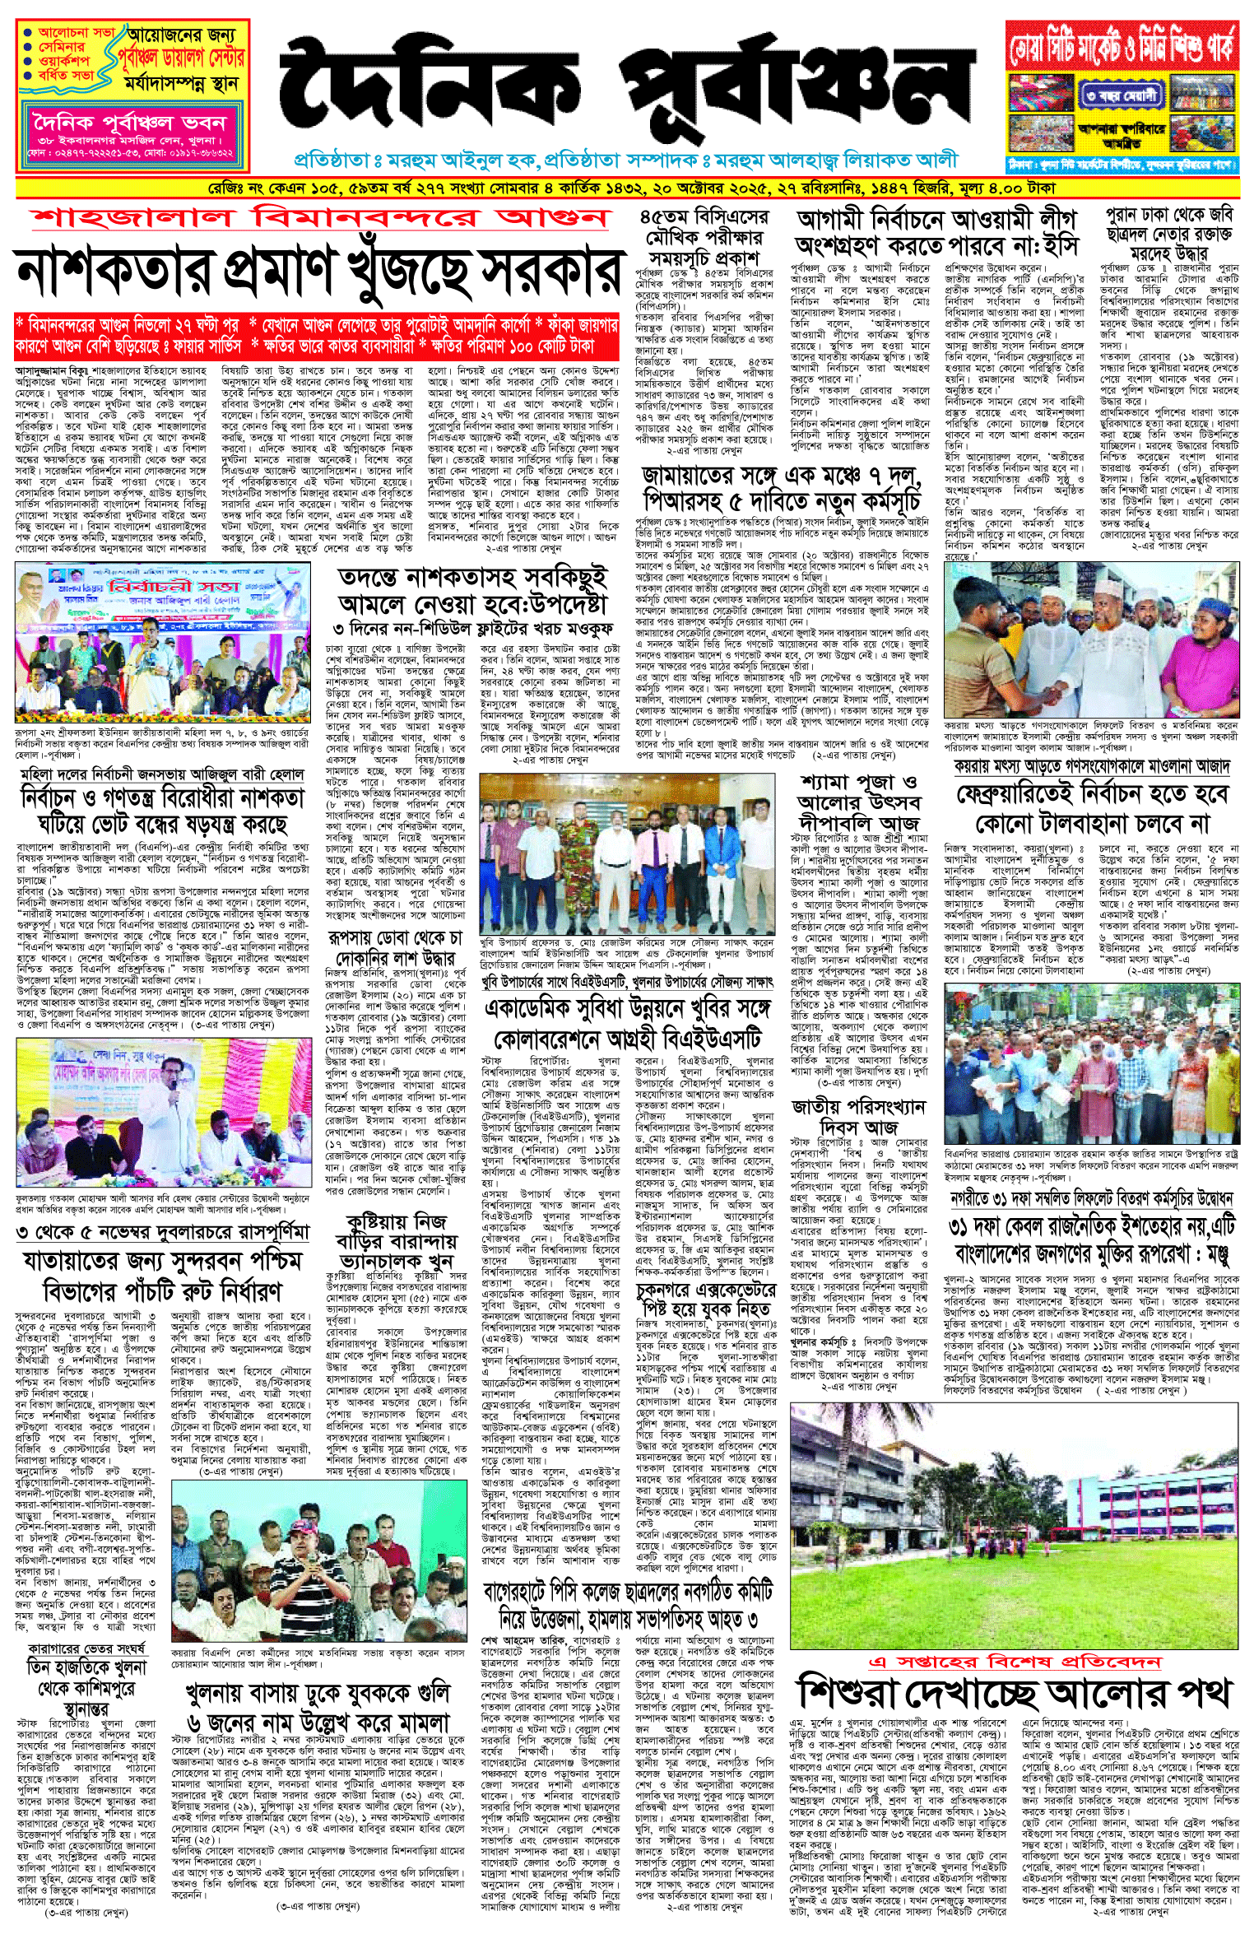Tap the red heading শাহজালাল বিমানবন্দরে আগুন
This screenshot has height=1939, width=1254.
click(321, 218)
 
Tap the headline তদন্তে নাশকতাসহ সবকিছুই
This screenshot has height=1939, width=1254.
click(473, 590)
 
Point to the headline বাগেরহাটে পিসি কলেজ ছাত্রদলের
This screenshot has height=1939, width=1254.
click(627, 1606)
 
